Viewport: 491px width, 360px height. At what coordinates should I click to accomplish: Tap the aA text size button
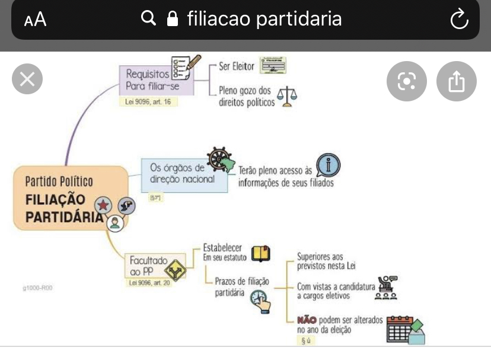coord(35,20)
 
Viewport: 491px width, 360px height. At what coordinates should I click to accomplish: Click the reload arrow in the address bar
coord(458,20)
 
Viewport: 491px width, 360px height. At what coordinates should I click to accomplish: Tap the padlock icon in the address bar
coord(173,20)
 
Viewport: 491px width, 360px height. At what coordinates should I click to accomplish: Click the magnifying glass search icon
coord(148,19)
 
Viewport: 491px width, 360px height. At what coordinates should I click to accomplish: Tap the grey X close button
coord(27,79)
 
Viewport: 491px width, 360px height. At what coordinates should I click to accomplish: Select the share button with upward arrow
coord(456,81)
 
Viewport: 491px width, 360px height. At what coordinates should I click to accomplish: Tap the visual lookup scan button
coord(407,81)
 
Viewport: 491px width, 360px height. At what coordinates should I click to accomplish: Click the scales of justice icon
coord(288,95)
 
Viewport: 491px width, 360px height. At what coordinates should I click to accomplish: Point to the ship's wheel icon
coord(220,159)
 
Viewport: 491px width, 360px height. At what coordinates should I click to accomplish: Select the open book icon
coord(260,253)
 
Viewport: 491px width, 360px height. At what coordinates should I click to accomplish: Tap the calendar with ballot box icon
coord(405,329)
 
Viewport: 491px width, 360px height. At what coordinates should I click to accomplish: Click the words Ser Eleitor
coord(236,66)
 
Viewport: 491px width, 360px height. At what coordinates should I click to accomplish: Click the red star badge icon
coord(104,206)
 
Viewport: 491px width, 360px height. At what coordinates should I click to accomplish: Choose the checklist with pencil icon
coord(181,68)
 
